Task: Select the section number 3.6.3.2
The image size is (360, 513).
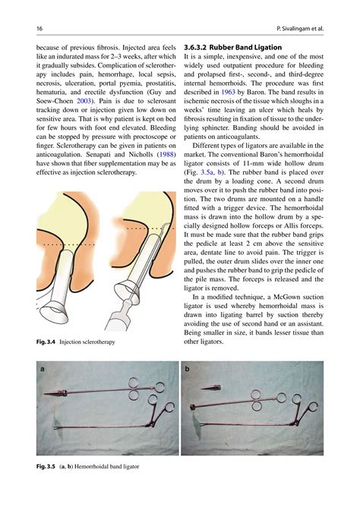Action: tap(197, 47)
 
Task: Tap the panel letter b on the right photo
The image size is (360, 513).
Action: tap(188, 370)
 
